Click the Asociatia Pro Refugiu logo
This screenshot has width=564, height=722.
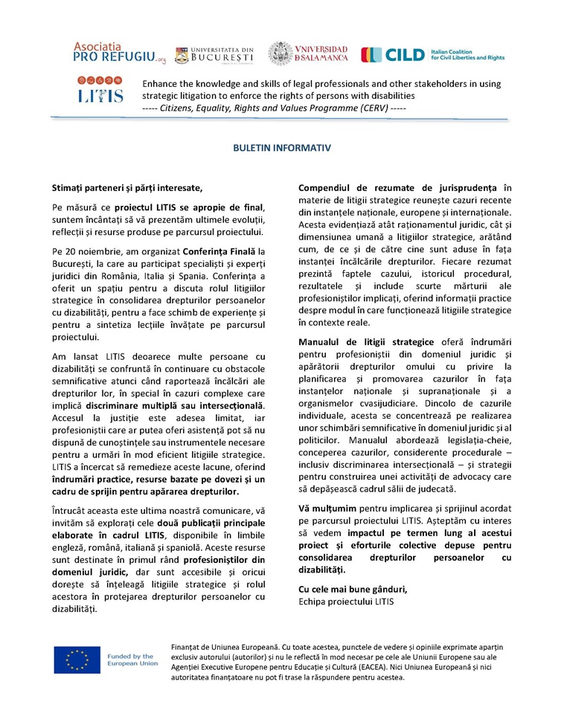pos(109,52)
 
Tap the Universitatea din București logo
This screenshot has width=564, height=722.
pos(214,54)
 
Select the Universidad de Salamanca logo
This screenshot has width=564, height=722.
pos(307,53)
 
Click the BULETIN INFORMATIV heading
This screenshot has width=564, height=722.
pos(281,148)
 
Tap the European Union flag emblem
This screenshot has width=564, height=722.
pos(77,660)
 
